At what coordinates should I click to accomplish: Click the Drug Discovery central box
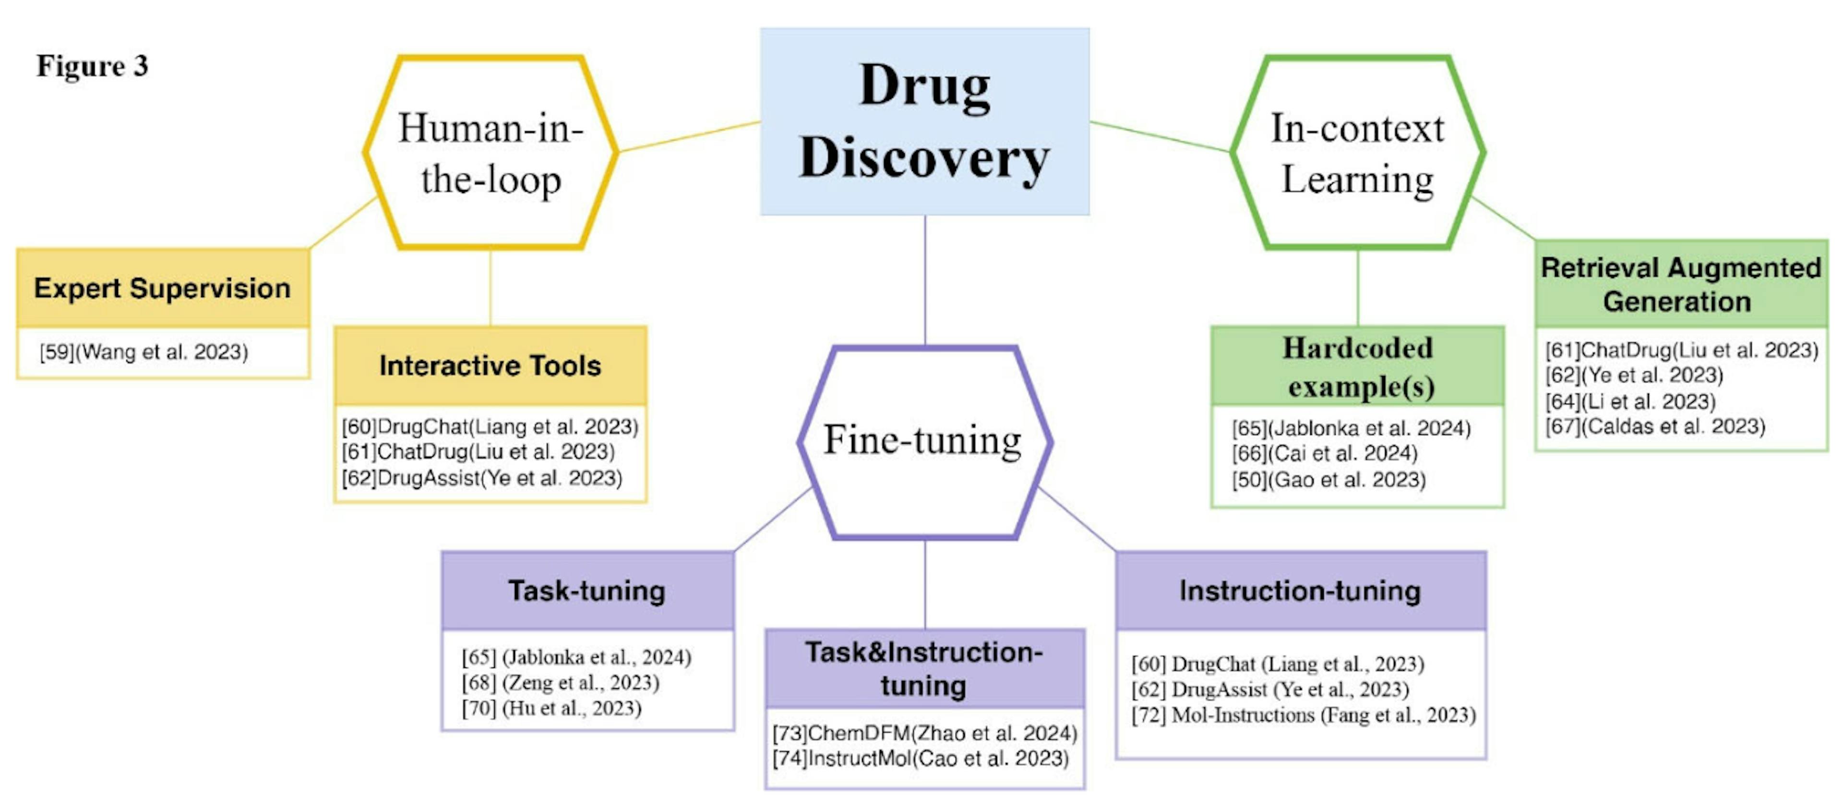[x=924, y=121]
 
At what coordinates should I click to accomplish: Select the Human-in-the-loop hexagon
[x=491, y=153]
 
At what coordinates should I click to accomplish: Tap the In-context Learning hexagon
[x=1357, y=153]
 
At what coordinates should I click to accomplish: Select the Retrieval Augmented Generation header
[x=1680, y=284]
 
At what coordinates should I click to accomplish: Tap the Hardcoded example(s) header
[x=1357, y=366]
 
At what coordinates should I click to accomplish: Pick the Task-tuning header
[x=586, y=591]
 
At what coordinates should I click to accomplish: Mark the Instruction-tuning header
[x=1300, y=591]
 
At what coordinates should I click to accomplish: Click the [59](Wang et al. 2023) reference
[x=144, y=352]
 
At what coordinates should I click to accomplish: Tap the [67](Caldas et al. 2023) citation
[x=1655, y=427]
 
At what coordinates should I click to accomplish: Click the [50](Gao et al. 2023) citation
[x=1328, y=480]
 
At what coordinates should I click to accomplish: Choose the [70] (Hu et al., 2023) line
[x=551, y=708]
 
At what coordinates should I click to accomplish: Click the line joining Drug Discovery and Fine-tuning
[x=925, y=279]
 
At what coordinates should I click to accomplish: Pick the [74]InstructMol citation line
[x=920, y=758]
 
